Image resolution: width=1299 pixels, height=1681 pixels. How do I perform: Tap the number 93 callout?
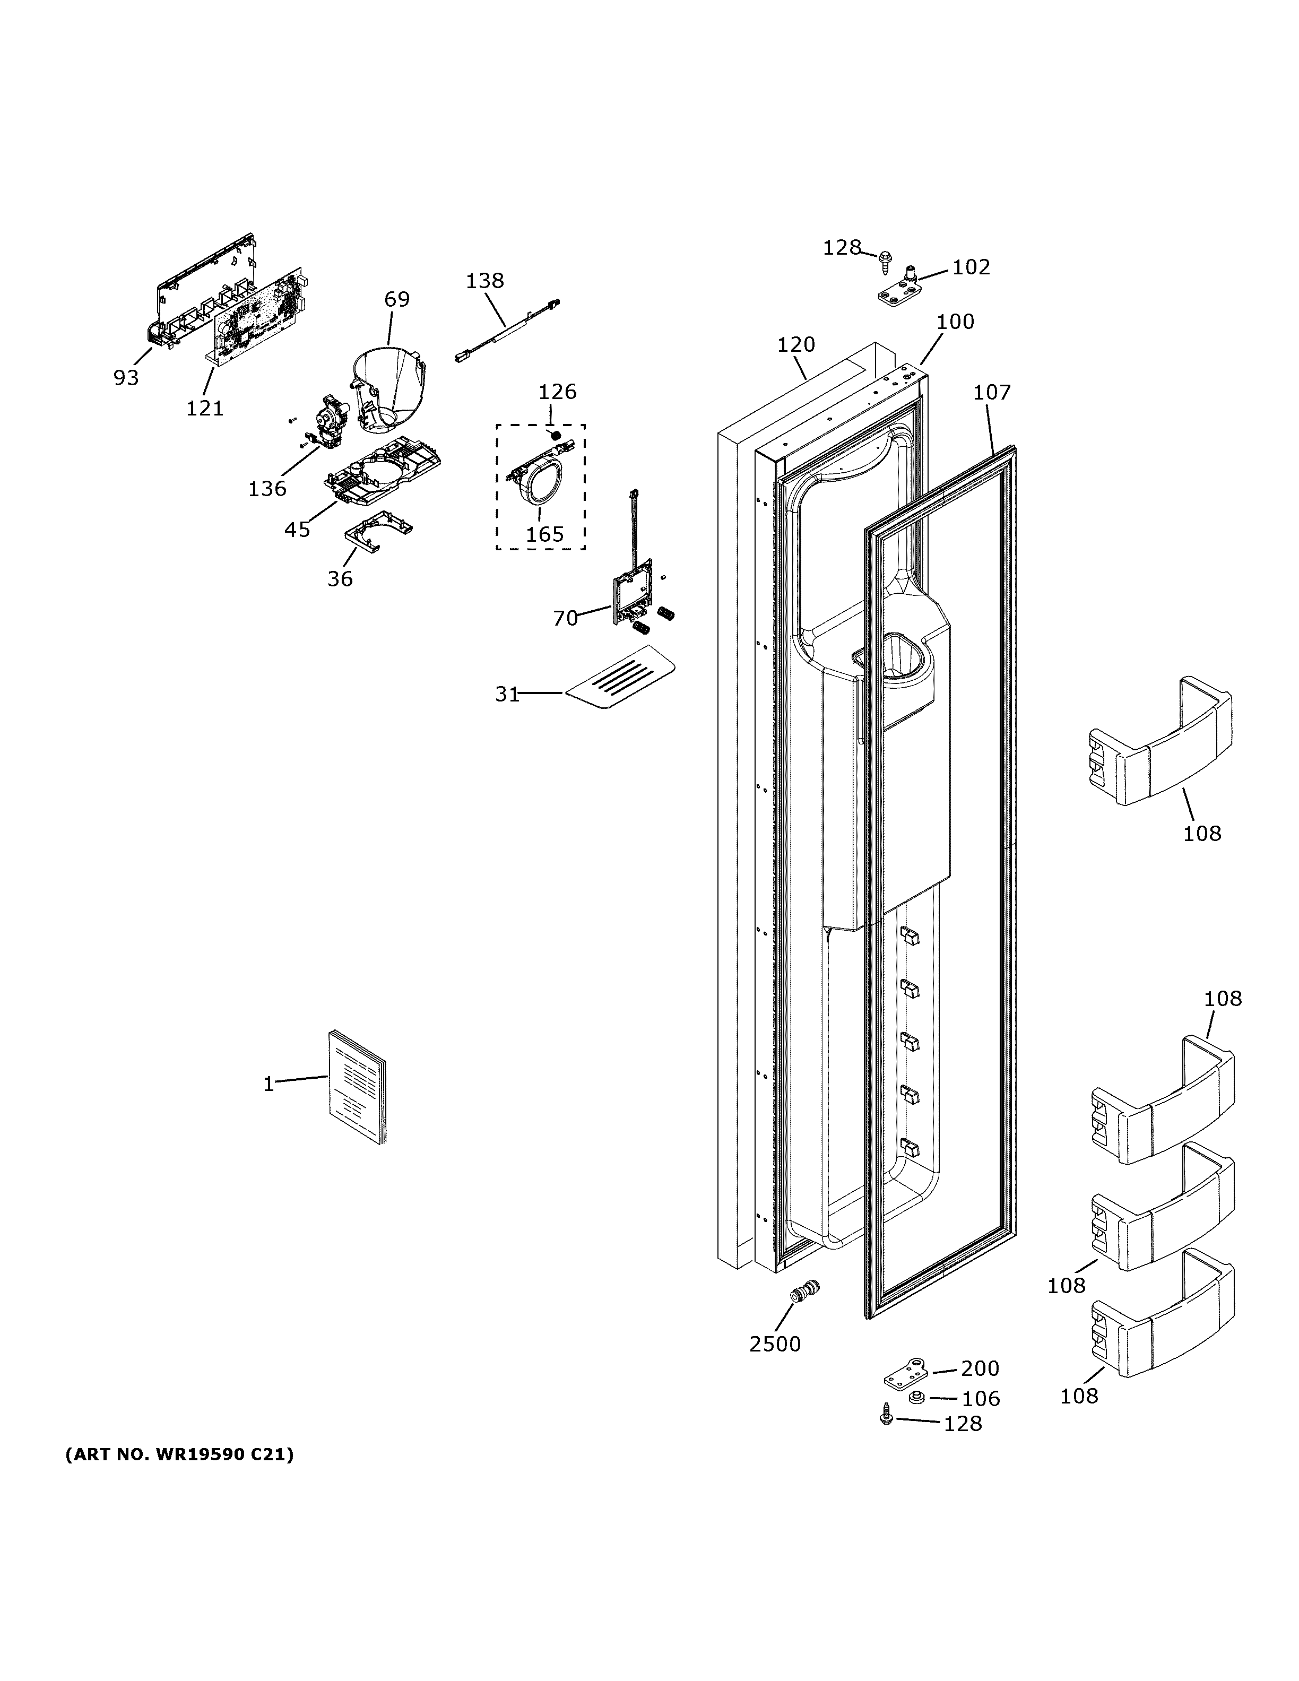[x=126, y=378]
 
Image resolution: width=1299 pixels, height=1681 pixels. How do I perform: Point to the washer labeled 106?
[x=916, y=1397]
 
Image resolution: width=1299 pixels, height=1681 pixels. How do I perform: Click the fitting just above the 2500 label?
[x=805, y=1290]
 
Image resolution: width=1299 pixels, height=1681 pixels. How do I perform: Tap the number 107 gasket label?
[x=991, y=393]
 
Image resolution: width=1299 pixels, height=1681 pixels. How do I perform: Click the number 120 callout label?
[x=796, y=345]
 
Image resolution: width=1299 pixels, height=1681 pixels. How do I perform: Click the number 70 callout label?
[x=565, y=618]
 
